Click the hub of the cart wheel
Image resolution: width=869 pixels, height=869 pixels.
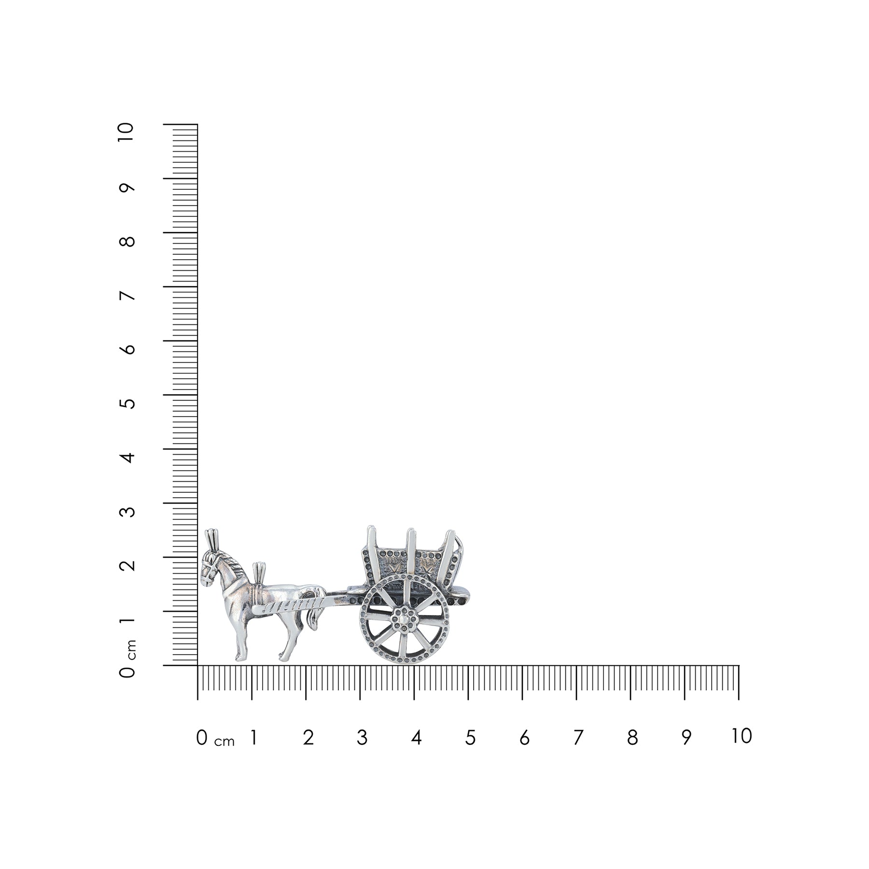pos(404,618)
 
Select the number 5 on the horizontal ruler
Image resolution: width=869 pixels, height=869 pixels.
pos(470,738)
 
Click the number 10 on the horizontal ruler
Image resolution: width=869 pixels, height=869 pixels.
pos(742,736)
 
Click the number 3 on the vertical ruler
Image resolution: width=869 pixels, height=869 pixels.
pos(128,509)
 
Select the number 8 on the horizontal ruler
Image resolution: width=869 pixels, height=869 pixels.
pos(632,738)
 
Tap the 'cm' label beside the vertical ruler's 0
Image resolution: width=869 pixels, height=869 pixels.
pos(132,649)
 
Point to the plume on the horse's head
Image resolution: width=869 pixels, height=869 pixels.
pos(211,537)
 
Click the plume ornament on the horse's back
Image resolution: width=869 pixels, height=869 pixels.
pos(259,572)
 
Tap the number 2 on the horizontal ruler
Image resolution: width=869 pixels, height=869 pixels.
pos(308,738)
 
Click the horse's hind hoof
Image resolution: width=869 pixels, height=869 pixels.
pos(282,657)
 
